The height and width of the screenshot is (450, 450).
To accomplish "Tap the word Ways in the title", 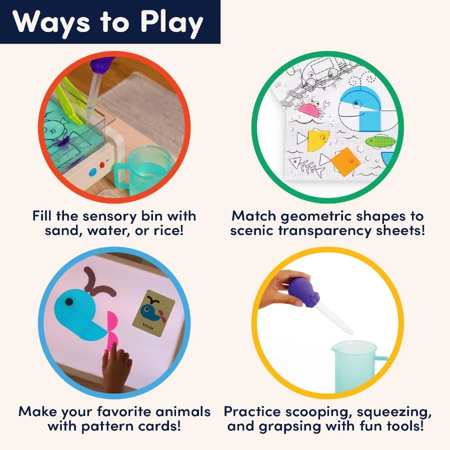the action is pos(51,23).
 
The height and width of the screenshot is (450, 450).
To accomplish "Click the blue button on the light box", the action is pos(93,172).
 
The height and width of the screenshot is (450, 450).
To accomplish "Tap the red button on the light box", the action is pos(102,165).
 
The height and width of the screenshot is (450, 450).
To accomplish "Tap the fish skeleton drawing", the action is pos(305,165).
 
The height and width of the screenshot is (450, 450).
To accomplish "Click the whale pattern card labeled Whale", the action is pos(153,313).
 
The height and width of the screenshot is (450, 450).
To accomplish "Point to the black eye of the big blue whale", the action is pos(69,301).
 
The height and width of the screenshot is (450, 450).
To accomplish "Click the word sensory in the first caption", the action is pos(109,216).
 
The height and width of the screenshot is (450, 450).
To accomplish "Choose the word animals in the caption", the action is pos(183,411).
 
